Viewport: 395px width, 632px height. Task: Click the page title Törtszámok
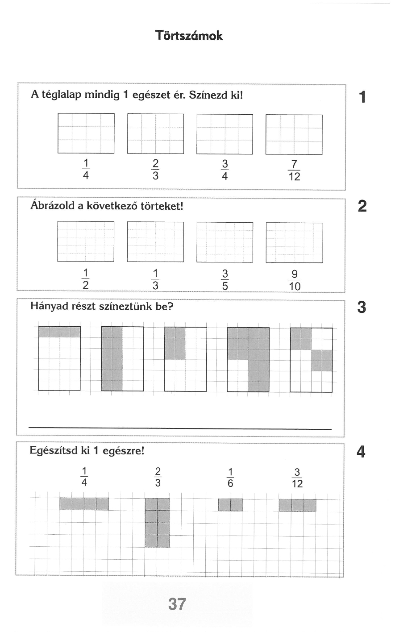pos(189,36)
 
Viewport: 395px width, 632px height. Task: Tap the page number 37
pos(177,604)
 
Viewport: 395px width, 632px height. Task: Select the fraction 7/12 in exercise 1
pos(294,170)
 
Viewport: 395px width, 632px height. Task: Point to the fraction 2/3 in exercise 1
pos(155,170)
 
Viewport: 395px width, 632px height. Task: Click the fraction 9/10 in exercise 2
pos(295,280)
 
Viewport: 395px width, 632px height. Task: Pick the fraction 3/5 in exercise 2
pos(225,279)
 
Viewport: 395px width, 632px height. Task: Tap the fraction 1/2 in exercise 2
pos(86,279)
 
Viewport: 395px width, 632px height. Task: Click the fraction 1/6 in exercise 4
pos(230,478)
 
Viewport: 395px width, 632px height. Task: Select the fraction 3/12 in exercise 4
pos(297,478)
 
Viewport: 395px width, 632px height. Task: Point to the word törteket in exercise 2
pos(162,207)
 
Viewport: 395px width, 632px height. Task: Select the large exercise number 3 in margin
pos(362,308)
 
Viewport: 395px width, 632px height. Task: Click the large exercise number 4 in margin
pos(361,452)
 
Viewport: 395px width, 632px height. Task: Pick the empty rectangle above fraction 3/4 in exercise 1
pos(225,134)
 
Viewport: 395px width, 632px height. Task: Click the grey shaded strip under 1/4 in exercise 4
pos(84,504)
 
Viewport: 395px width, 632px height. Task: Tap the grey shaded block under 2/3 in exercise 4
pos(158,523)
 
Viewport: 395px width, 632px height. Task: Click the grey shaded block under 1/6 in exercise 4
pos(230,505)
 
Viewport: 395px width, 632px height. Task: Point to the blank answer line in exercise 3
pos(180,429)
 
